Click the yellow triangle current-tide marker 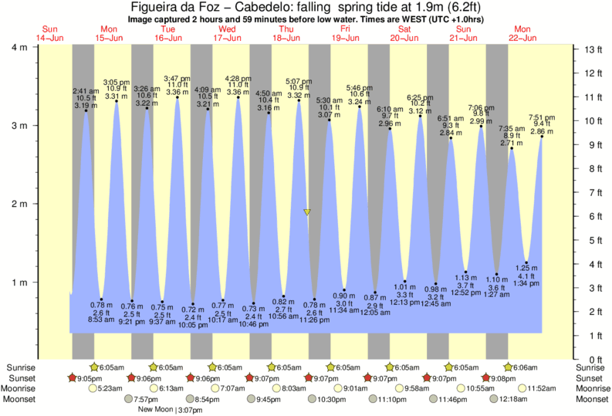pyautogui.click(x=307, y=211)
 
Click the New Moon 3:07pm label pyautogui.click(x=171, y=410)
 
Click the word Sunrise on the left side pyautogui.click(x=20, y=367)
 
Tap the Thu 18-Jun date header pyautogui.click(x=286, y=33)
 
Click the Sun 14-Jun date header pyautogui.click(x=49, y=33)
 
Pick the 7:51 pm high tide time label pyautogui.click(x=542, y=117)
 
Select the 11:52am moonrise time pyautogui.click(x=546, y=388)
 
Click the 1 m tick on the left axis pyautogui.click(x=20, y=282)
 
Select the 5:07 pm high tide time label pyautogui.click(x=299, y=80)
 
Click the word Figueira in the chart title pyautogui.click(x=157, y=7)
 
